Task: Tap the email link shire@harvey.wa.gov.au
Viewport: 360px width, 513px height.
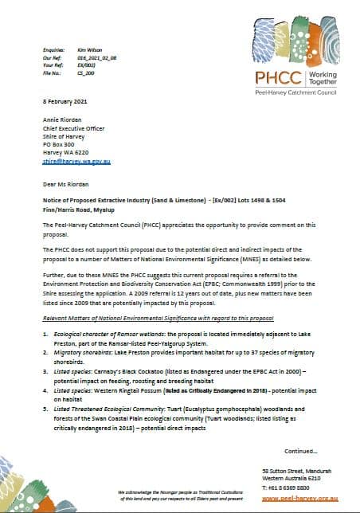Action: point(76,161)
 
